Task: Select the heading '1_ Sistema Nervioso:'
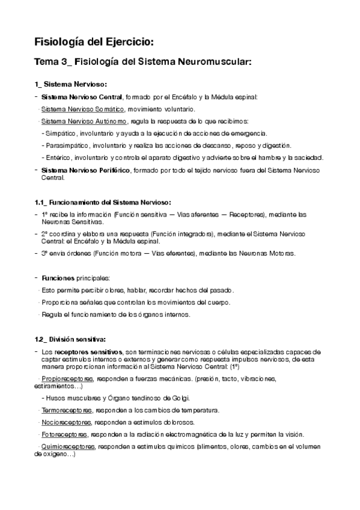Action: [x=71, y=84]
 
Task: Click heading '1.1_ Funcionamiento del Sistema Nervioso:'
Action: [x=103, y=201]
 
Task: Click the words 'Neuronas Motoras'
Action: [x=267, y=253]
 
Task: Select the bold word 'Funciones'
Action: [x=58, y=278]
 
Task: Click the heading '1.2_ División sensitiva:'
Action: [x=70, y=340]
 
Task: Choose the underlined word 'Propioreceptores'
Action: [x=67, y=378]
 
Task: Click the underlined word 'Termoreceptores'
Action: [x=66, y=410]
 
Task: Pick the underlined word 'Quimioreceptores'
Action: [x=68, y=447]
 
